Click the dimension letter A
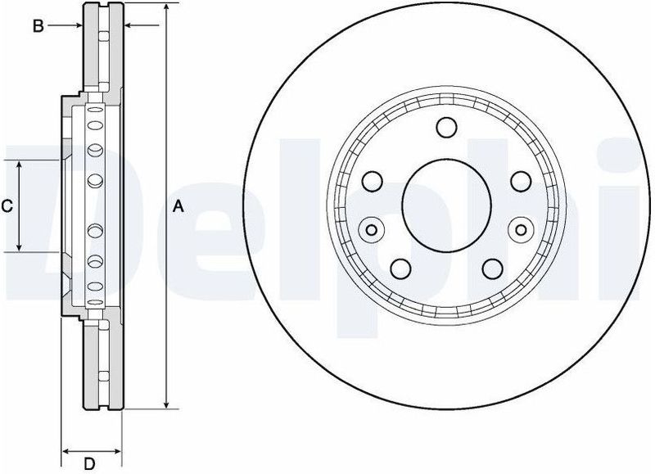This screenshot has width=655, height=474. coord(178,207)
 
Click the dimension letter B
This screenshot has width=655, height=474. coord(37,26)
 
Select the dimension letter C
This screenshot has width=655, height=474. coord(7,207)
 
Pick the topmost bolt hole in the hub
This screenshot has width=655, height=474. coord(445,128)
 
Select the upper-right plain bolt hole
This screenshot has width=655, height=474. coord(518,181)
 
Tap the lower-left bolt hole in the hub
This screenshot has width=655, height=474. coord(400,268)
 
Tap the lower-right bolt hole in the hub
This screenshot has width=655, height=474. coord(490,268)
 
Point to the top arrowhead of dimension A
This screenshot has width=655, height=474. coord(167,7)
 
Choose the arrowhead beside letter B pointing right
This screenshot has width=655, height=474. coord(79,26)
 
